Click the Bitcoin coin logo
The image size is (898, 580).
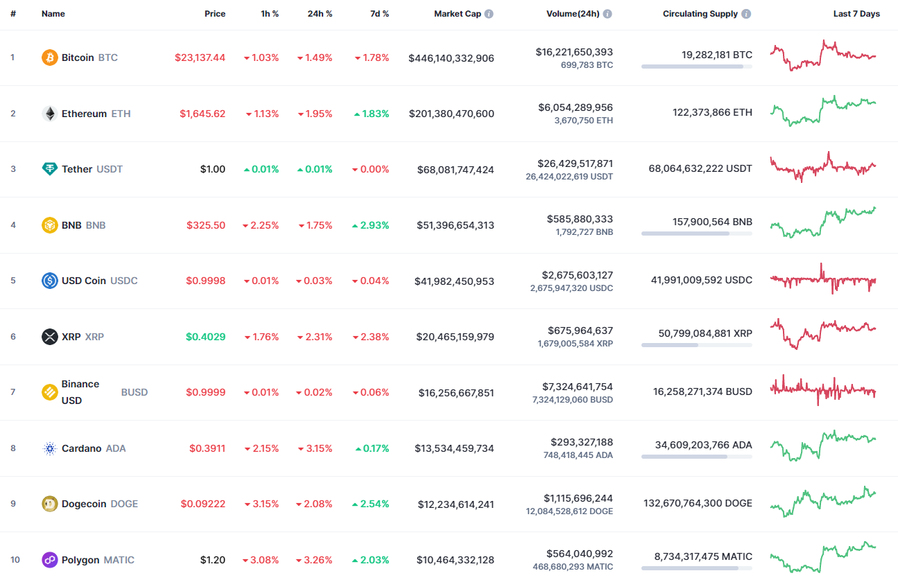pyautogui.click(x=49, y=58)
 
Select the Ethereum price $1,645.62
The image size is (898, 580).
pyautogui.click(x=202, y=114)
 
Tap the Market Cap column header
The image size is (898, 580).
pyautogui.click(x=458, y=14)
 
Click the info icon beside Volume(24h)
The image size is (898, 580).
pyautogui.click(x=607, y=14)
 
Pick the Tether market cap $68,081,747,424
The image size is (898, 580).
pyautogui.click(x=456, y=170)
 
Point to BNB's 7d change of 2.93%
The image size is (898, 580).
pyautogui.click(x=372, y=225)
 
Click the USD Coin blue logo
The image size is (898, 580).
pyautogui.click(x=49, y=281)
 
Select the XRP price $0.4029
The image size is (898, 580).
pyautogui.click(x=205, y=337)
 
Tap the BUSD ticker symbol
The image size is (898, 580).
pyautogui.click(x=135, y=392)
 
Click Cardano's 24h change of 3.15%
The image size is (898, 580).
pyautogui.click(x=315, y=448)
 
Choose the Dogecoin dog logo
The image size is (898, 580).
pyautogui.click(x=49, y=504)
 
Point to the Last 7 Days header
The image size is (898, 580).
pyautogui.click(x=856, y=14)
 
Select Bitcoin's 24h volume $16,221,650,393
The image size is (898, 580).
pyautogui.click(x=574, y=52)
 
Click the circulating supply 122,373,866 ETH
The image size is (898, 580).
pyautogui.click(x=712, y=112)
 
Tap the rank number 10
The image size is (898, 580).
pyautogui.click(x=15, y=560)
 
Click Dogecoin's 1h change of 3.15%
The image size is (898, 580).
pyautogui.click(x=261, y=504)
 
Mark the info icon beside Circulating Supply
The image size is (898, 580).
pyautogui.click(x=746, y=14)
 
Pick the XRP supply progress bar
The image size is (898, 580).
pyautogui.click(x=696, y=345)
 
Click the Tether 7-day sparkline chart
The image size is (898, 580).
pyautogui.click(x=823, y=167)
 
